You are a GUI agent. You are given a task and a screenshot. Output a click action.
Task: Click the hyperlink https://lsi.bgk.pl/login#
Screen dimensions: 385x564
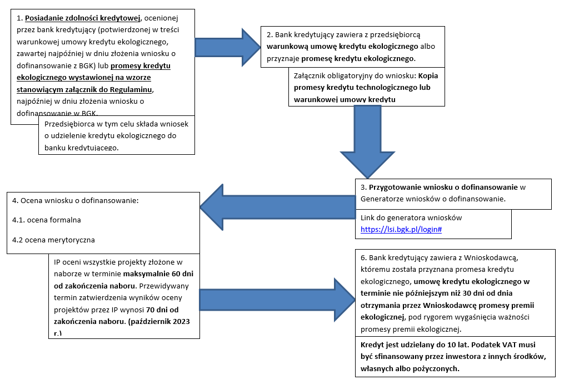[x=401, y=229]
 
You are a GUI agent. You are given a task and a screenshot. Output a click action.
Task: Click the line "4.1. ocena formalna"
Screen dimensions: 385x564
[x=47, y=220]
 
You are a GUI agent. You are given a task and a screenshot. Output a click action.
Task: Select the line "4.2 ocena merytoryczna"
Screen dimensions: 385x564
[x=53, y=240]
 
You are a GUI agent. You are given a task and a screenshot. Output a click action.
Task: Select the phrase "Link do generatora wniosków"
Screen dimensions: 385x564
[x=411, y=217]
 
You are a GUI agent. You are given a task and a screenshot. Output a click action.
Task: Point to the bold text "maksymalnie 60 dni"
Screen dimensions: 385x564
[x=158, y=274]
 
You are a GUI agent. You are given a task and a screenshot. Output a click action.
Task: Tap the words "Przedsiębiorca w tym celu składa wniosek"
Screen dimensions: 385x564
[x=116, y=124]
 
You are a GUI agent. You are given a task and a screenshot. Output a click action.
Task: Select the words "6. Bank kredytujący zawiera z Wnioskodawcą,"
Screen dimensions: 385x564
[x=439, y=258]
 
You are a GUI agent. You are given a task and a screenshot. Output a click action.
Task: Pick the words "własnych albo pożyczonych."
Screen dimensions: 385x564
[x=410, y=368]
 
